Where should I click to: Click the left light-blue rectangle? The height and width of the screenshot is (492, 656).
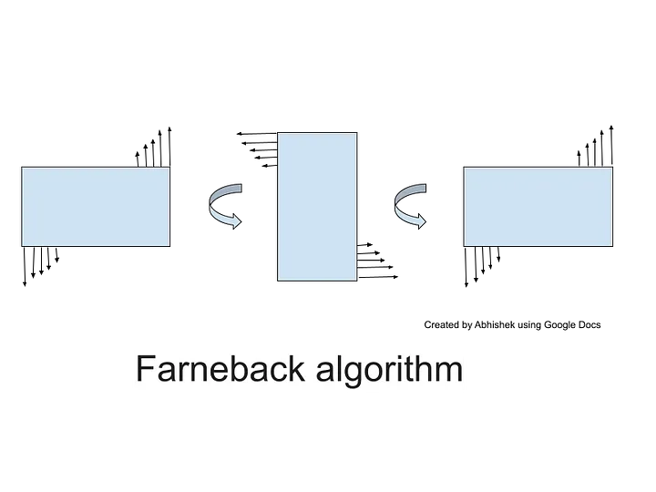tap(96, 207)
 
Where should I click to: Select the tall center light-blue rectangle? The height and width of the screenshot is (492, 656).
tap(317, 207)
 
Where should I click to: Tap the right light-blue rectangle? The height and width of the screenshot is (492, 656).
tap(538, 207)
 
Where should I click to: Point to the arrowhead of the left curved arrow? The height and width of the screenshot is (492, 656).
tap(236, 221)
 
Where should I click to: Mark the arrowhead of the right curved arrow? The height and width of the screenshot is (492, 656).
tap(422, 221)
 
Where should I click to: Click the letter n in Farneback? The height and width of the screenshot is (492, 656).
tap(195, 372)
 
